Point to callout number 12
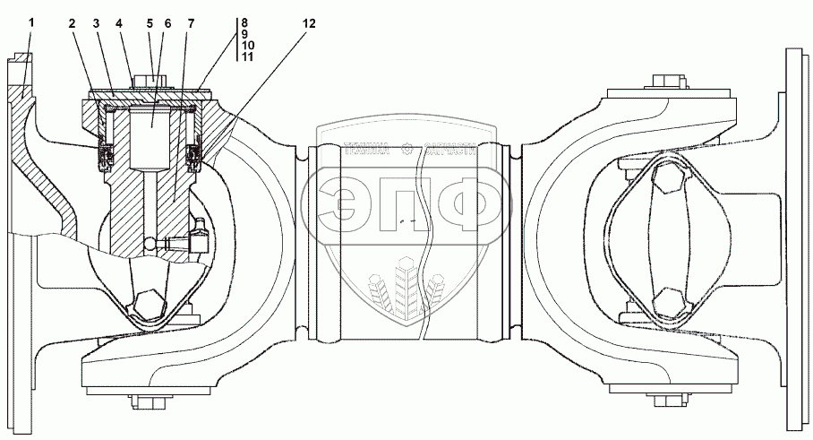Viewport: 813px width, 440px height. coord(309,25)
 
